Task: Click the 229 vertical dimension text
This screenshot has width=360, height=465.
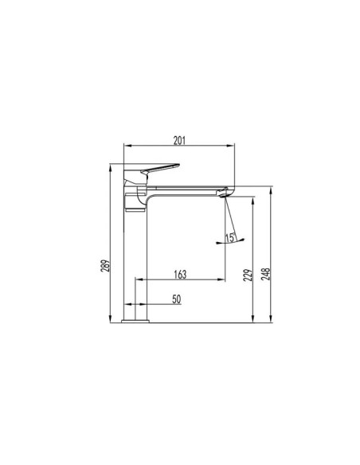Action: (248, 275)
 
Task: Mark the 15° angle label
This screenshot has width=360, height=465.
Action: (230, 236)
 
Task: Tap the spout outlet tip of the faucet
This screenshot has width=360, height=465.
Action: (225, 192)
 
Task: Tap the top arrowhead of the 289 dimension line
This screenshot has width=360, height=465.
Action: (112, 165)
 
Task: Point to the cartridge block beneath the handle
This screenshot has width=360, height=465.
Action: (135, 201)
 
